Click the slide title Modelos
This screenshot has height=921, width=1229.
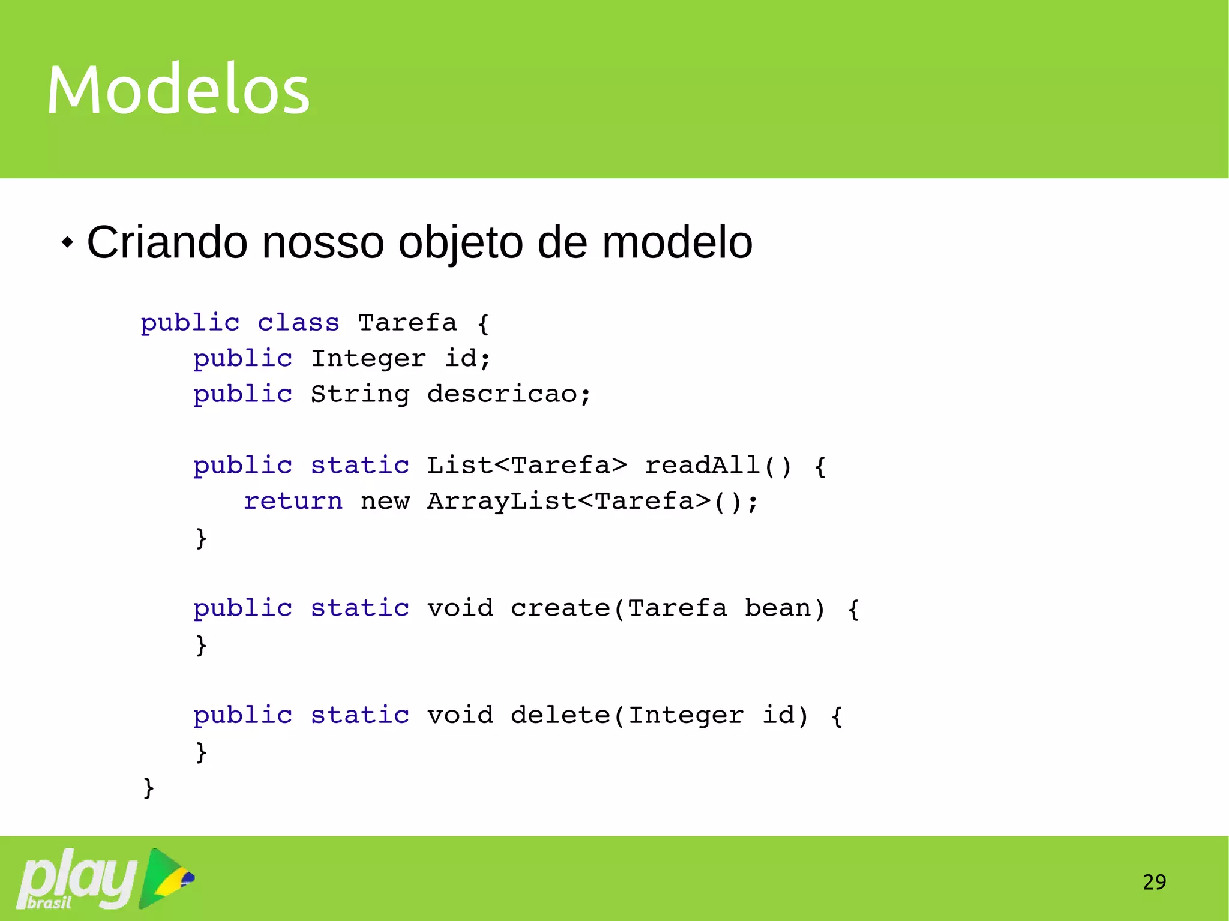tap(178, 90)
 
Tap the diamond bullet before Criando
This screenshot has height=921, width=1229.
tap(68, 243)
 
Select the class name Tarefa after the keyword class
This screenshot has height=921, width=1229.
tap(407, 323)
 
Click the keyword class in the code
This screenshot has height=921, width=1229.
tap(298, 323)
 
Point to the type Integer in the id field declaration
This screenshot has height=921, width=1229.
tap(368, 358)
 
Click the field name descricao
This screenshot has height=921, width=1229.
tap(502, 394)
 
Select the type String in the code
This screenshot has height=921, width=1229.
tap(360, 394)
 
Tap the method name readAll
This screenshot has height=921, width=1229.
tap(702, 466)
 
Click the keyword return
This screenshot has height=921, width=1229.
tap(293, 501)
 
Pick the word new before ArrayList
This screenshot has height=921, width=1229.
tap(385, 501)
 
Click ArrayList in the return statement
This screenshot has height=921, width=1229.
tap(502, 501)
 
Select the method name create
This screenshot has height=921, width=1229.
tap(560, 608)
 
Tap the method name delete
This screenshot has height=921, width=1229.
tap(560, 715)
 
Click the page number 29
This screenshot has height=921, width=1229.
tap(1154, 882)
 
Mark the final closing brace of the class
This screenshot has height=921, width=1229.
tap(148, 787)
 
